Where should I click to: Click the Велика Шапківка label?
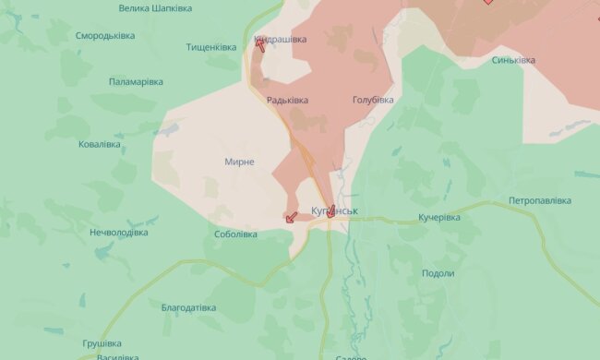pos(155,7)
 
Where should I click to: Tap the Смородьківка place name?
pos(105,36)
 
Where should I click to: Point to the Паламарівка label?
pos(136,82)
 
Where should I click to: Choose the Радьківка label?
pos(287,100)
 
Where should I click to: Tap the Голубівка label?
pos(373,100)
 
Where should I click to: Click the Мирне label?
pos(239,162)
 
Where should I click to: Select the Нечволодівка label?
pos(118,233)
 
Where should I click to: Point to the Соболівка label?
pos(236,234)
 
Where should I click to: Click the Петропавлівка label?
pos(540,200)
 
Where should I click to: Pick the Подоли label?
pos(438,273)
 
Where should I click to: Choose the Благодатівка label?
pos(188,307)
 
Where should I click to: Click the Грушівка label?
pos(102,343)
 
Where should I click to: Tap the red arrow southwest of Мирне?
pos(291,218)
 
